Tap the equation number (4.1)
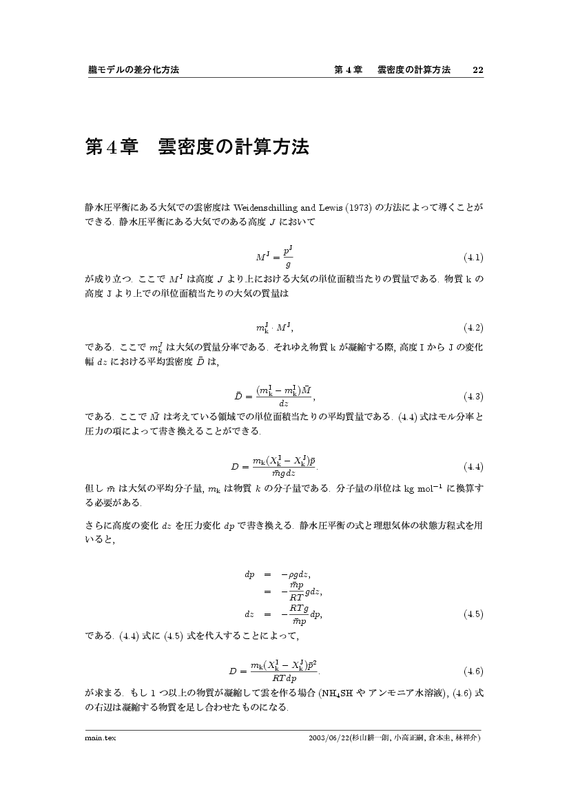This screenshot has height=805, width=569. click(473, 258)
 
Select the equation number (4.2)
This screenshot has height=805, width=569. click(473, 326)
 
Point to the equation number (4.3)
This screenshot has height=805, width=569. click(473, 396)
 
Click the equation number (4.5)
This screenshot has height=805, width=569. click(473, 614)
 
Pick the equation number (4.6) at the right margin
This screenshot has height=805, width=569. click(473, 671)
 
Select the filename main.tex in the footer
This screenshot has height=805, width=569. click(98, 738)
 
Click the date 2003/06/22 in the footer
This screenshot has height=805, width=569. click(330, 738)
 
